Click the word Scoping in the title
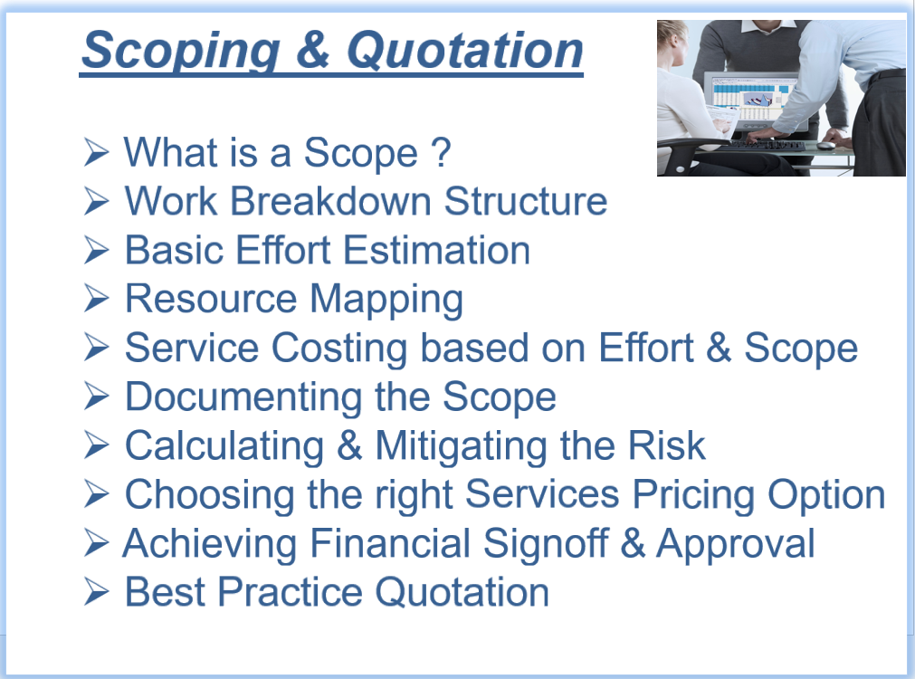[181, 51]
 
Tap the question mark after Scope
[441, 152]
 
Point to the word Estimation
[436, 250]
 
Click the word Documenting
[243, 398]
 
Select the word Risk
[666, 445]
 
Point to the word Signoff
[546, 545]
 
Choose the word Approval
[735, 545]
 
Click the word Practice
[290, 592]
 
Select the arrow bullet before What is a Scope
[96, 152]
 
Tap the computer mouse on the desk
[825, 146]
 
